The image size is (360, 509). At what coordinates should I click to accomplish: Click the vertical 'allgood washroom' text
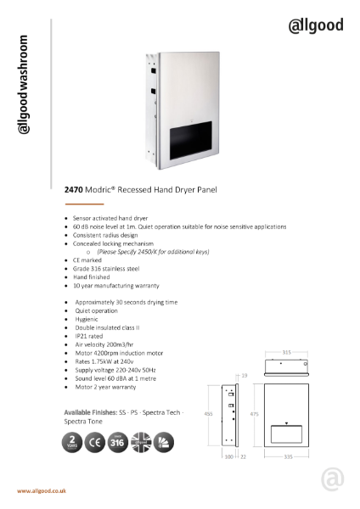click(x=25, y=84)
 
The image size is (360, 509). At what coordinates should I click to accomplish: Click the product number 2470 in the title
click(x=73, y=192)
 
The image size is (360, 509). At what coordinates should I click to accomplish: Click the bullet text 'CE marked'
click(x=87, y=260)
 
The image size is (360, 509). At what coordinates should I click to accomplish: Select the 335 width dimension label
click(x=288, y=457)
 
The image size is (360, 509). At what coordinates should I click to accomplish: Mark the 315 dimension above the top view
click(x=288, y=350)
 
